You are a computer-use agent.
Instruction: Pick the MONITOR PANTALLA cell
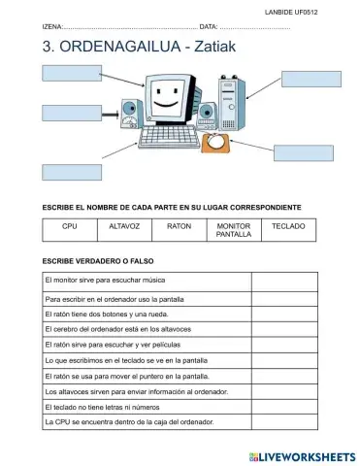click(x=233, y=230)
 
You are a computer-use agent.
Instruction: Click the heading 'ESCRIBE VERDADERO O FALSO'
click(x=98, y=260)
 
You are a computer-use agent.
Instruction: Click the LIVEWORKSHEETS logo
click(x=302, y=454)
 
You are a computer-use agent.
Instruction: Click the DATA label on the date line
click(x=209, y=26)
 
